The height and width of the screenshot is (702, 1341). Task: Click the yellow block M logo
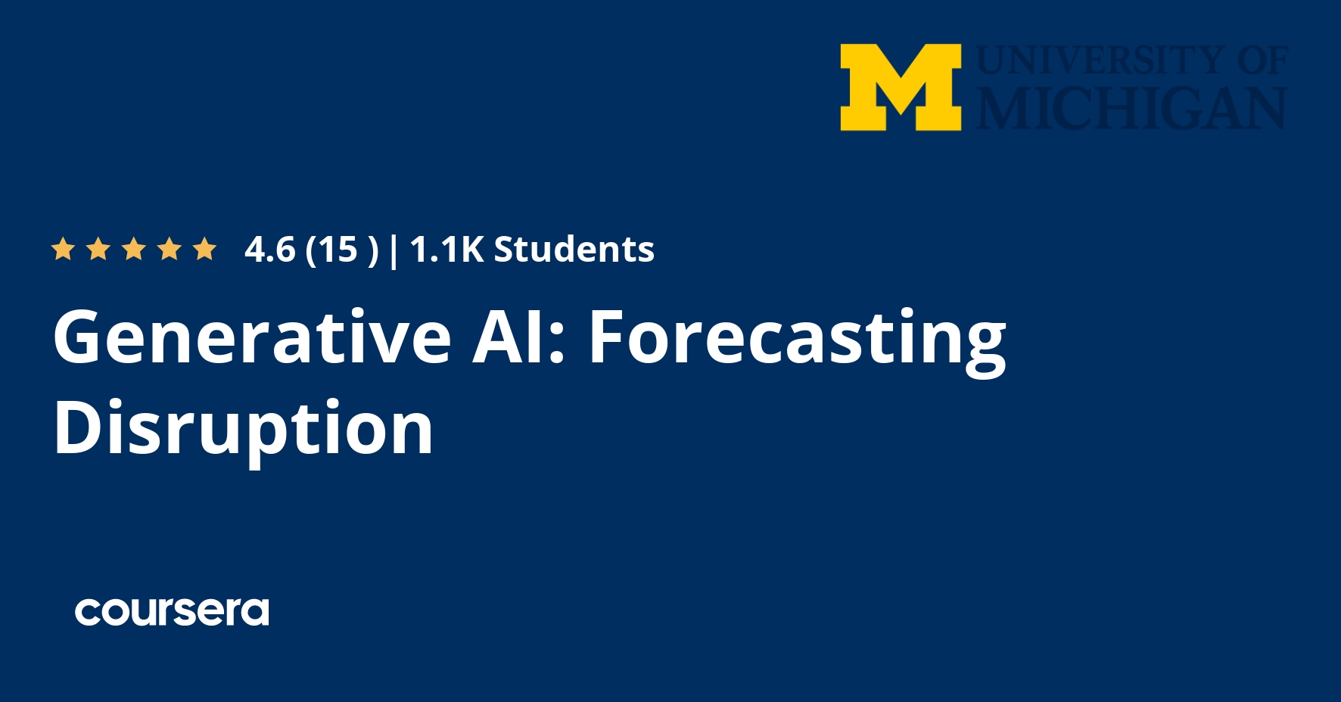tap(901, 87)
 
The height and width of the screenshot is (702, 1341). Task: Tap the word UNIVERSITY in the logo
tap(1102, 61)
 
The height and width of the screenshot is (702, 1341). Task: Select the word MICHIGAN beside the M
tap(1131, 108)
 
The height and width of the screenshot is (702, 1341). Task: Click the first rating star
tap(63, 249)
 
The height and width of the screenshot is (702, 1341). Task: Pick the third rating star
tap(134, 249)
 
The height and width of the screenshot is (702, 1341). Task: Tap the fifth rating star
tap(204, 249)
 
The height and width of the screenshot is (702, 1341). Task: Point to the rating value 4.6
tap(269, 250)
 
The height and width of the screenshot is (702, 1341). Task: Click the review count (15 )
tap(341, 250)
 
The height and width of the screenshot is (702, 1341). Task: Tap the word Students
tap(574, 250)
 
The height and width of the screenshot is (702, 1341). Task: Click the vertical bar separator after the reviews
tap(393, 250)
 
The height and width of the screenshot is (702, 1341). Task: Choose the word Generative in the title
tap(252, 337)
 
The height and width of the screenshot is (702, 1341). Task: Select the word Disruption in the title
tap(243, 429)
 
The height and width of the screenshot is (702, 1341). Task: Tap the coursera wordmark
tap(172, 612)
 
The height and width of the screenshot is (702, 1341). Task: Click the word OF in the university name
tap(1262, 61)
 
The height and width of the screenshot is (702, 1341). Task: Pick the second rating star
tap(98, 249)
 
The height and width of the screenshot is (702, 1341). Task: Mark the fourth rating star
tap(170, 249)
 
